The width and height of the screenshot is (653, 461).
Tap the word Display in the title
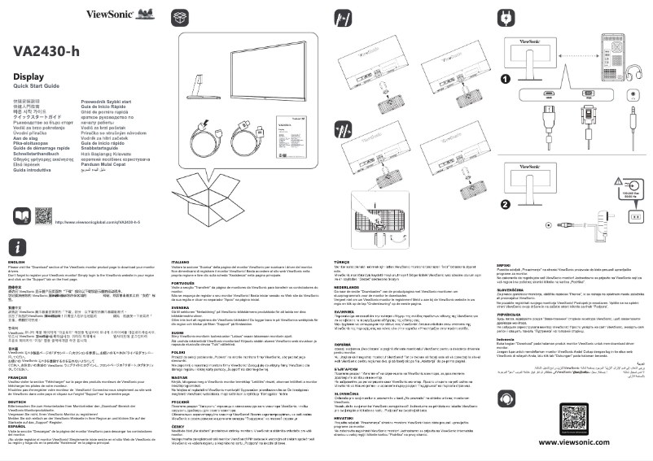pos(29,76)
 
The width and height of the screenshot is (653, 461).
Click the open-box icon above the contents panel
pos(181,17)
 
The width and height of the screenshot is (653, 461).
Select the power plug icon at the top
pos(505,17)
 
